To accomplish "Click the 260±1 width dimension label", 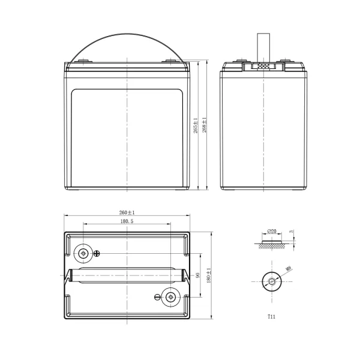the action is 127,212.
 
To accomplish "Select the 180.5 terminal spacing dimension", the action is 127,221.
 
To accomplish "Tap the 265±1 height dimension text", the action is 196,125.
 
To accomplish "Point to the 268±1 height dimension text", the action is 204,125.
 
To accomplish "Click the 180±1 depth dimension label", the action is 209,275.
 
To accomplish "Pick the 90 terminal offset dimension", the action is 197,275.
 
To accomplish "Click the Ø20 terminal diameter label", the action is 272,231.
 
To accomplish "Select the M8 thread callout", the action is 288,269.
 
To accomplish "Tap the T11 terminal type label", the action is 271,317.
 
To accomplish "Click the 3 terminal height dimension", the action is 292,232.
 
